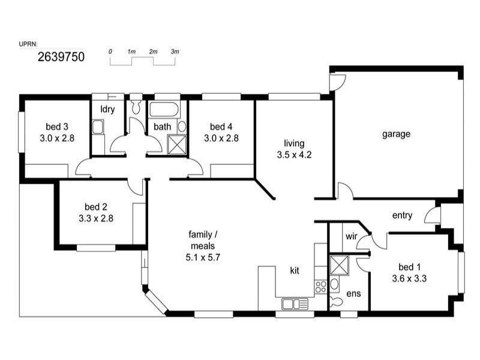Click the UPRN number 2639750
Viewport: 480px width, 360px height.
[61, 58]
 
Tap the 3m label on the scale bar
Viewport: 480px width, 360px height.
[175, 52]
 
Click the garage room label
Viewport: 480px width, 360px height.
[397, 134]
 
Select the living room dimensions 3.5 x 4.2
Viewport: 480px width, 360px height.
[294, 154]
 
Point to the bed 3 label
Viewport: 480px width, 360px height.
[57, 127]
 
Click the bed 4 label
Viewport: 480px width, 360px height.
[221, 127]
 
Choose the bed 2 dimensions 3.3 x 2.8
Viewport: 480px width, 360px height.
[96, 218]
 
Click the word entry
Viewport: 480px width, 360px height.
[402, 215]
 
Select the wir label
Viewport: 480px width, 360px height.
[352, 236]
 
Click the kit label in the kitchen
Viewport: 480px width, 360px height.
[295, 271]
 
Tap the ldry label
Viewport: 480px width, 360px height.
[107, 109]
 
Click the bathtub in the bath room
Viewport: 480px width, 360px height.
[163, 110]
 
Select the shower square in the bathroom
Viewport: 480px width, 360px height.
[176, 145]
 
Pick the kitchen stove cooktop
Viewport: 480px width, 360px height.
[320, 286]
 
